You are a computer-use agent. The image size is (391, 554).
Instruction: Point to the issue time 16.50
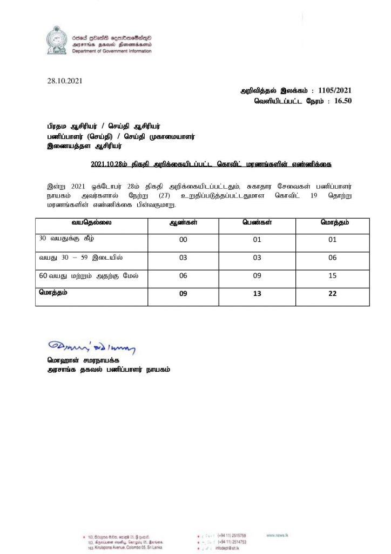[341, 101]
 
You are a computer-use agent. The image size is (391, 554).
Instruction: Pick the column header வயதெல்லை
[90, 223]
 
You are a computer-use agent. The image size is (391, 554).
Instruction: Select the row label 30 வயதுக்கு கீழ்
[63, 238]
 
